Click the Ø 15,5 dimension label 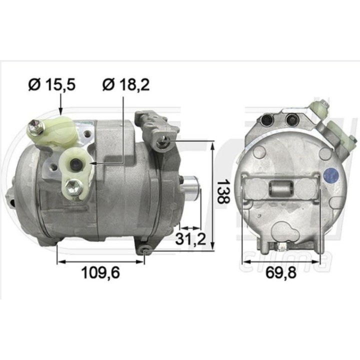52,85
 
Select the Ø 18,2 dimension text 125,85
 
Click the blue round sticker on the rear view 330,175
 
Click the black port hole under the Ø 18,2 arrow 75,162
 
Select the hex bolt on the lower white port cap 70,187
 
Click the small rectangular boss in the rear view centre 280,189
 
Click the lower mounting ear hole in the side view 144,249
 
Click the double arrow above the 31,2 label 190,226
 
